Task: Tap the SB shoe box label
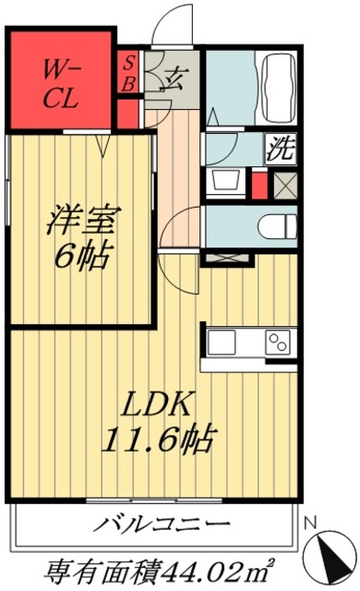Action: (129, 71)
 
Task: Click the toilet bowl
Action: (274, 225)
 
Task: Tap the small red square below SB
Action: (128, 114)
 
